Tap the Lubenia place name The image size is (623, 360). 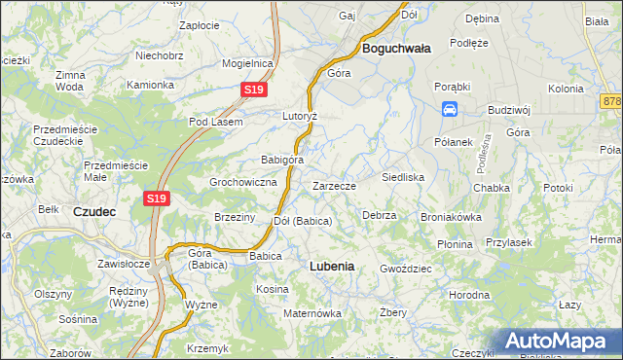(331, 265)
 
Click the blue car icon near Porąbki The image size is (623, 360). (449, 110)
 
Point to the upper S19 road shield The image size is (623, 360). (253, 90)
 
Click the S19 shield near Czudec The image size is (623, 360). (157, 198)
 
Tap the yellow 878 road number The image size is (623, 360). (612, 101)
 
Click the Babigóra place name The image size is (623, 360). (282, 160)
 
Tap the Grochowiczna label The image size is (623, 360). (243, 182)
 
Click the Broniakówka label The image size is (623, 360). (451, 217)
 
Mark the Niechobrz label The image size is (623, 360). (160, 55)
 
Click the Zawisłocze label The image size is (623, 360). (129, 263)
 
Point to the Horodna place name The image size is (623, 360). (468, 294)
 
